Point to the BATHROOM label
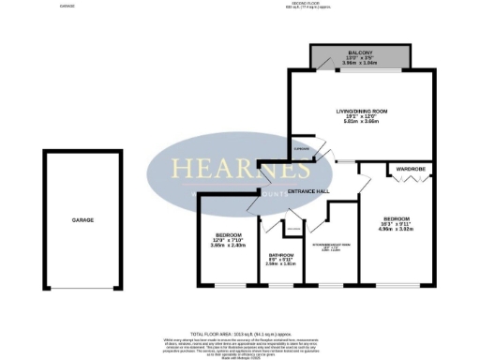point(281,255)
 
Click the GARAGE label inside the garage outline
point(82,219)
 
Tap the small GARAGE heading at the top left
point(67,6)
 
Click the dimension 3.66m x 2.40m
point(229,246)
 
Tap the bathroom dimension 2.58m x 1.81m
point(281,264)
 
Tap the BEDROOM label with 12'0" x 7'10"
point(229,234)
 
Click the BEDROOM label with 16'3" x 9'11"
point(395,217)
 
